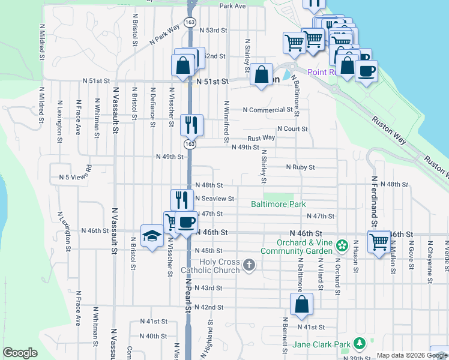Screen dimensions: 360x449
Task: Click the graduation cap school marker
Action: (x=152, y=236)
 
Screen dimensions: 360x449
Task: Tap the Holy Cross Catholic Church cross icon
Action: (x=250, y=264)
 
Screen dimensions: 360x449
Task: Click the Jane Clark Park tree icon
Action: (x=359, y=343)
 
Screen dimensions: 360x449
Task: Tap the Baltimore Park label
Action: (x=278, y=205)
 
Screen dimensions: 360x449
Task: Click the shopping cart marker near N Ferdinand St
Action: (x=379, y=242)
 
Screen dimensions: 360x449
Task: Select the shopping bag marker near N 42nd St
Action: (x=301, y=305)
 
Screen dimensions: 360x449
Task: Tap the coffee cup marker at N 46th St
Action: (x=185, y=222)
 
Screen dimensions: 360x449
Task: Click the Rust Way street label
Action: (x=261, y=137)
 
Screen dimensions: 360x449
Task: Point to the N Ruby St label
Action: (x=300, y=167)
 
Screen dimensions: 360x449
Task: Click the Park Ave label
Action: (x=233, y=6)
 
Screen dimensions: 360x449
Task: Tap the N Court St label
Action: (x=292, y=129)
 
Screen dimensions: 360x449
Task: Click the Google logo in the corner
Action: (x=20, y=353)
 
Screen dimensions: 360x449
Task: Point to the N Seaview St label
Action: (x=214, y=199)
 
